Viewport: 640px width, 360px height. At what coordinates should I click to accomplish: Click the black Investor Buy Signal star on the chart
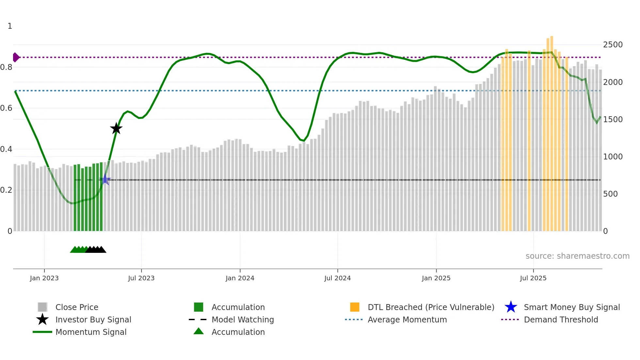(x=116, y=128)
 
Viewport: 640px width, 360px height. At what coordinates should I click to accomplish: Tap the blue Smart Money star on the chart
(x=105, y=180)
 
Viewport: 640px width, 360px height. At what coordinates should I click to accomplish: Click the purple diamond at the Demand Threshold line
(x=16, y=57)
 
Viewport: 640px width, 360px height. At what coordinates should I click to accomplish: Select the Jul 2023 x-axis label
(x=141, y=278)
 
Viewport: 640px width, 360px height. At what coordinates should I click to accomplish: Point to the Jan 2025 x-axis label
(x=436, y=278)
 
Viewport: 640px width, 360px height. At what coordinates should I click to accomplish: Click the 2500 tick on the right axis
(x=613, y=45)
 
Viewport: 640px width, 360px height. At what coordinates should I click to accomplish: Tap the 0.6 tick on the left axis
(x=7, y=108)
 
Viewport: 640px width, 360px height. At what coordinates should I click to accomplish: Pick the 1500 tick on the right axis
(x=613, y=120)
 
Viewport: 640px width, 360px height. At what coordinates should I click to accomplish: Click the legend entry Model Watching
(x=243, y=319)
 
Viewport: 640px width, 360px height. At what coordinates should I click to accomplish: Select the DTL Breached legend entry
(x=431, y=307)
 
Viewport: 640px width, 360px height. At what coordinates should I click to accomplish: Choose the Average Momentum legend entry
(x=407, y=319)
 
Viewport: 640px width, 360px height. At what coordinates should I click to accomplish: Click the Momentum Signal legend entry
(x=91, y=332)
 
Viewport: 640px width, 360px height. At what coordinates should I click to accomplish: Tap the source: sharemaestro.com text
(x=577, y=256)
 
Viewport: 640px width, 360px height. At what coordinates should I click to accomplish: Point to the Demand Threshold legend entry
(x=561, y=319)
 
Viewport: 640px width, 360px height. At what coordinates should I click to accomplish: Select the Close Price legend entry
(x=77, y=307)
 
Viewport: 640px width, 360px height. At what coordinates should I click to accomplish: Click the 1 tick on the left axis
(x=10, y=26)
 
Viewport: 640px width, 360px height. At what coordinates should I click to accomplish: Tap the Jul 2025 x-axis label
(x=533, y=278)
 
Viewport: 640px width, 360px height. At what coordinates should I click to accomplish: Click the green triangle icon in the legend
(x=199, y=332)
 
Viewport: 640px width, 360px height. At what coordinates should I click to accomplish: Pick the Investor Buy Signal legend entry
(x=93, y=319)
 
